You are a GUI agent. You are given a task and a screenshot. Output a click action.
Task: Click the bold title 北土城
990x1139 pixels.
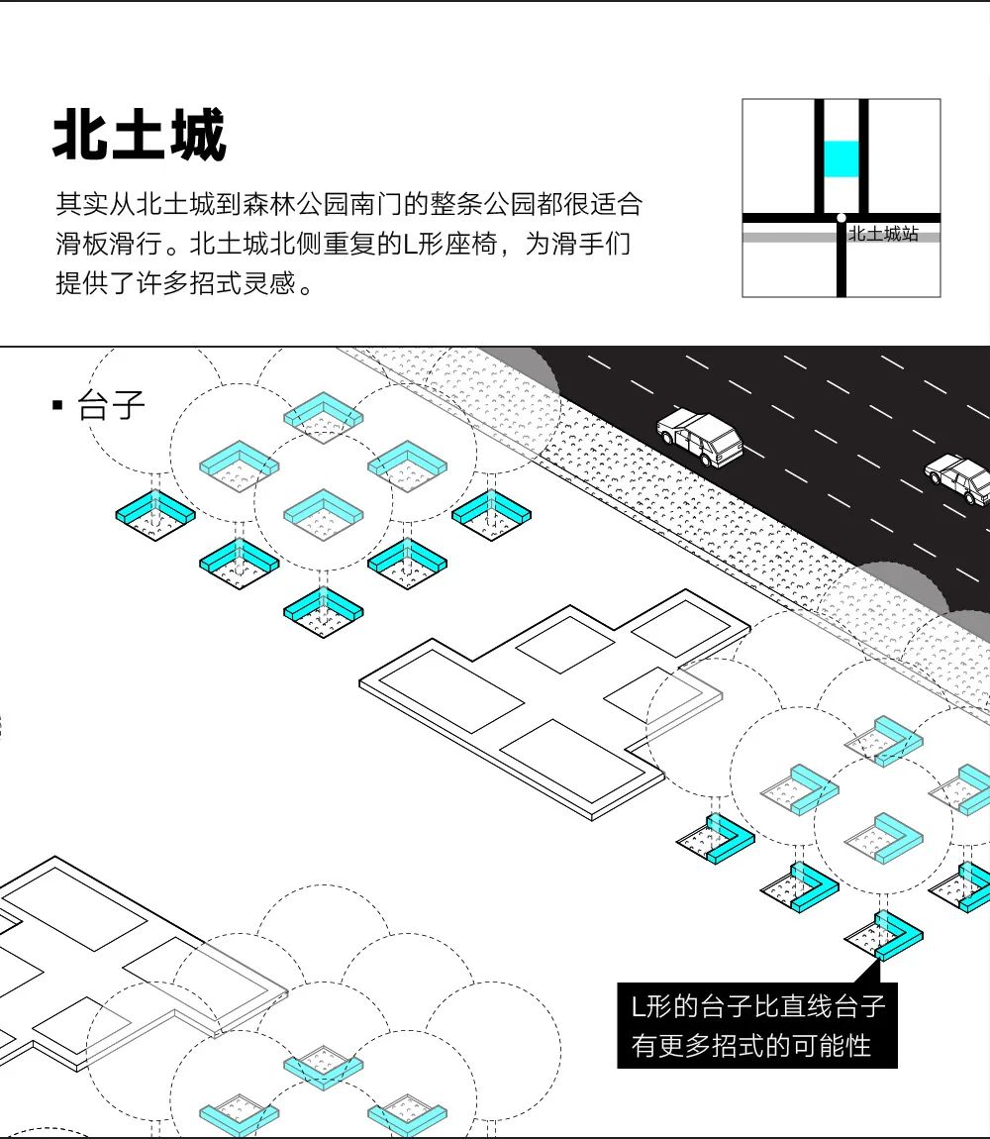[140, 136]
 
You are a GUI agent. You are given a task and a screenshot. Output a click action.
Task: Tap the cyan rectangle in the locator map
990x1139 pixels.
[841, 159]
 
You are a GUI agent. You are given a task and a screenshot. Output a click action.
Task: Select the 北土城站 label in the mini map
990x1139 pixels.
[882, 235]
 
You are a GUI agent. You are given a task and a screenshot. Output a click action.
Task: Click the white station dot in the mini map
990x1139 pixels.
[841, 217]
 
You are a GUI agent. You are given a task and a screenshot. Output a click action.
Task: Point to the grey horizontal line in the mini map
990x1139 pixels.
[782, 238]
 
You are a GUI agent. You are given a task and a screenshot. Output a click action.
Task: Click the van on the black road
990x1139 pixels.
[700, 437]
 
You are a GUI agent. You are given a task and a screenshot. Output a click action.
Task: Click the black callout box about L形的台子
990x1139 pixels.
[757, 1026]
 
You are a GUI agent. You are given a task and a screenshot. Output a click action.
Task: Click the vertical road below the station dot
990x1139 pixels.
[841, 262]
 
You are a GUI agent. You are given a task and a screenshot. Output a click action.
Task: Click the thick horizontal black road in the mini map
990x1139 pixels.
[782, 217]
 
